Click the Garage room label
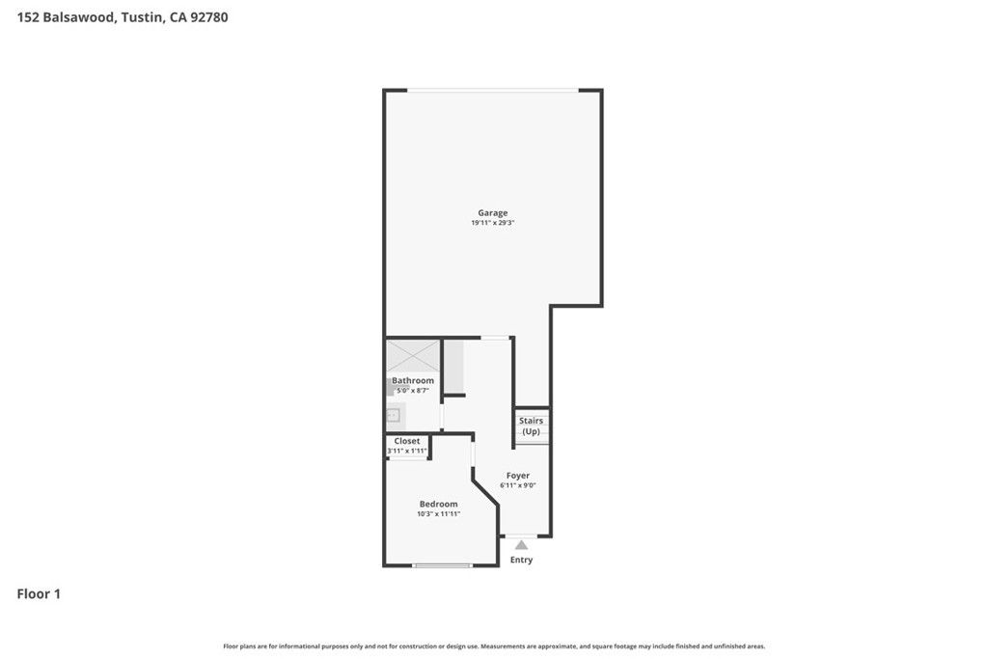pyautogui.click(x=492, y=213)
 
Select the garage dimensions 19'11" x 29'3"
pyautogui.click(x=492, y=223)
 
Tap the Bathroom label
pyautogui.click(x=413, y=381)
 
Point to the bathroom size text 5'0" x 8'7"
pyautogui.click(x=413, y=391)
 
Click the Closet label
pyautogui.click(x=407, y=441)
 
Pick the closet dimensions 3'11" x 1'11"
pyautogui.click(x=407, y=451)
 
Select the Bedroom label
pyautogui.click(x=438, y=504)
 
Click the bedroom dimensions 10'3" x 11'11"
pyautogui.click(x=438, y=514)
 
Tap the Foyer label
pyautogui.click(x=518, y=476)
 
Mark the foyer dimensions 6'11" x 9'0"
pyautogui.click(x=518, y=485)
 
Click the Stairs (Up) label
pyautogui.click(x=531, y=426)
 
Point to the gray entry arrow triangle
pyautogui.click(x=521, y=545)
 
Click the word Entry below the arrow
pyautogui.click(x=521, y=560)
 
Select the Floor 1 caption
pyautogui.click(x=39, y=594)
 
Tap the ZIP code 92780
pyautogui.click(x=209, y=17)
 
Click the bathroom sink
pyautogui.click(x=394, y=416)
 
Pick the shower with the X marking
pyautogui.click(x=413, y=354)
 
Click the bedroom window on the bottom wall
pyautogui.click(x=443, y=565)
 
